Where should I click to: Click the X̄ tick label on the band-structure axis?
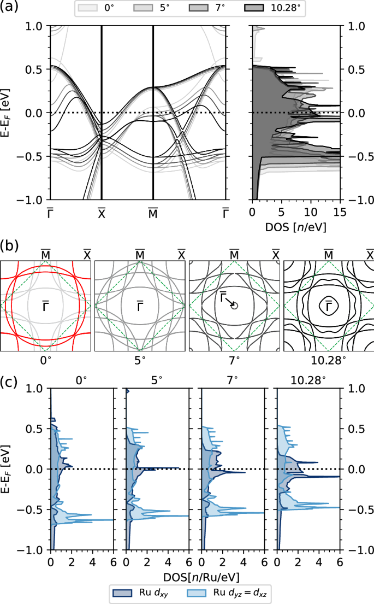102,213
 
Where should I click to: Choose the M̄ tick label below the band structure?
153,213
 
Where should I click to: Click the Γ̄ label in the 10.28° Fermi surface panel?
328,307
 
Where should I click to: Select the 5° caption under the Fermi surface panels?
140,361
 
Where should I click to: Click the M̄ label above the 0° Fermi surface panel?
46,255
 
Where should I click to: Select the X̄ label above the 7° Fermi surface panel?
276,255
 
